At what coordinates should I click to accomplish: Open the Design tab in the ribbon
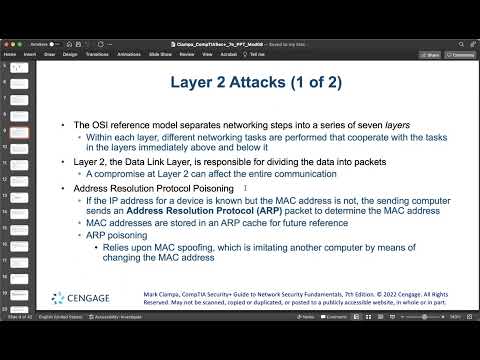coord(70,55)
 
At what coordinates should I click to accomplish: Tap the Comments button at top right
coord(462,55)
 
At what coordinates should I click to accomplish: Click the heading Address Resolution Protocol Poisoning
coord(160,187)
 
